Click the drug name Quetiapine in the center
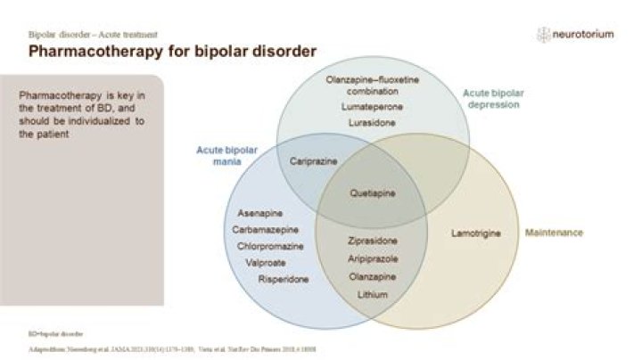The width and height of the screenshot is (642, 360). click(x=373, y=192)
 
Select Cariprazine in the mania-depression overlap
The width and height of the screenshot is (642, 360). click(x=311, y=162)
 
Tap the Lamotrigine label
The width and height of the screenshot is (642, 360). click(x=476, y=233)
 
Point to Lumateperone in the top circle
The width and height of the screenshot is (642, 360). click(x=372, y=107)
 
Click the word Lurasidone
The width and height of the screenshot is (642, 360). click(x=372, y=122)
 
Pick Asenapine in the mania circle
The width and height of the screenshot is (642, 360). click(x=261, y=214)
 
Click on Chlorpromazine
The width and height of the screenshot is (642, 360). click(x=268, y=246)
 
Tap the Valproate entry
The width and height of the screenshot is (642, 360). click(x=266, y=262)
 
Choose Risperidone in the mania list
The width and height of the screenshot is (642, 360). click(x=284, y=279)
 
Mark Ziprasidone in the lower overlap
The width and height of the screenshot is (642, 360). click(x=373, y=241)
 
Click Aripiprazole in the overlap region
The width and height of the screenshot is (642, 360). click(x=373, y=258)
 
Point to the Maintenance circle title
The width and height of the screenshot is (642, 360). click(x=553, y=233)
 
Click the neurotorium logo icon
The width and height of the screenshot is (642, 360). click(x=543, y=35)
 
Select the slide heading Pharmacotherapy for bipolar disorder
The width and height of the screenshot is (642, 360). click(x=172, y=51)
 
